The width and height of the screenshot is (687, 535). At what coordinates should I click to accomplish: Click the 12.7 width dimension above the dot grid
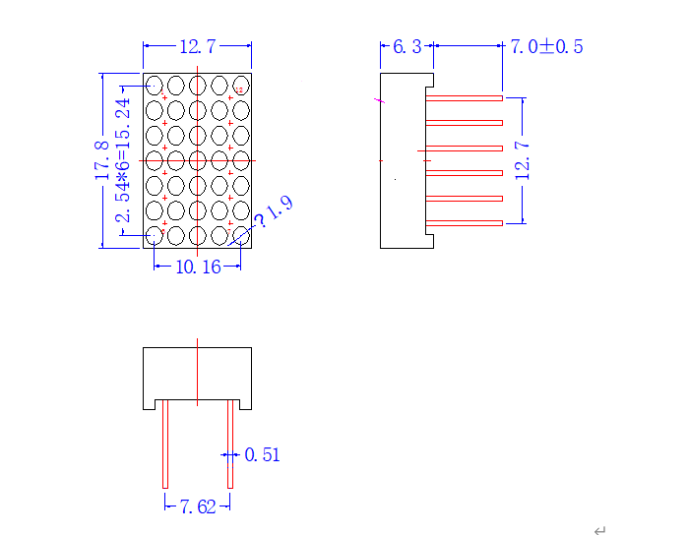coord(198,46)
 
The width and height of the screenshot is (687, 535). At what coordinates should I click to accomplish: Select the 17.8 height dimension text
coord(102,160)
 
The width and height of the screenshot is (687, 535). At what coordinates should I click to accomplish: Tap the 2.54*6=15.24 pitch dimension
coord(123,160)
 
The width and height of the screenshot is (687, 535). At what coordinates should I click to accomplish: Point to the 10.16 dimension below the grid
coord(198,267)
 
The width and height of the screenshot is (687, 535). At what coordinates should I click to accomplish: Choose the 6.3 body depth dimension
coord(407,46)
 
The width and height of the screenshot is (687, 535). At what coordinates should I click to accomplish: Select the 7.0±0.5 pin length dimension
coord(547,46)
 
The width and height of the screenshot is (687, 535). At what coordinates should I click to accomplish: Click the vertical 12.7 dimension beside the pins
coord(523,160)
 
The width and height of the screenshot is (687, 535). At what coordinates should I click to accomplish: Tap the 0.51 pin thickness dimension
coord(262,455)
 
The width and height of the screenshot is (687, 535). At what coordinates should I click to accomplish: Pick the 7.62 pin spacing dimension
coord(198,507)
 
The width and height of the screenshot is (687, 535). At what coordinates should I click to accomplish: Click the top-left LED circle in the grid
coord(154,86)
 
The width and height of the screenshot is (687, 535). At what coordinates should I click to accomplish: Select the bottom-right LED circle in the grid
coord(241,236)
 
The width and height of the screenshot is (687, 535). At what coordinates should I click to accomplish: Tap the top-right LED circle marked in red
coord(241,86)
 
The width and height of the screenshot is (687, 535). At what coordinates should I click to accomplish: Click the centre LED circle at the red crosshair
coord(198,160)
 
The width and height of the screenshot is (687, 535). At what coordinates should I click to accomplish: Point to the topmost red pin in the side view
coord(464,98)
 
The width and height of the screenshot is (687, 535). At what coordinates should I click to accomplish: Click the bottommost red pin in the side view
coord(464,223)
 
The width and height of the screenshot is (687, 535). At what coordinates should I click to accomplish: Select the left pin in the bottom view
coord(165,444)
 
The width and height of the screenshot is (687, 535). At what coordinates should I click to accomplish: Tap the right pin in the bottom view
coord(230,444)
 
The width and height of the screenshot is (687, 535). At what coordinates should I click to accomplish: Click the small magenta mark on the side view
coord(380,100)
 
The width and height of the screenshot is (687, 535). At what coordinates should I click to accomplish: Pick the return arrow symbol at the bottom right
coord(599,530)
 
